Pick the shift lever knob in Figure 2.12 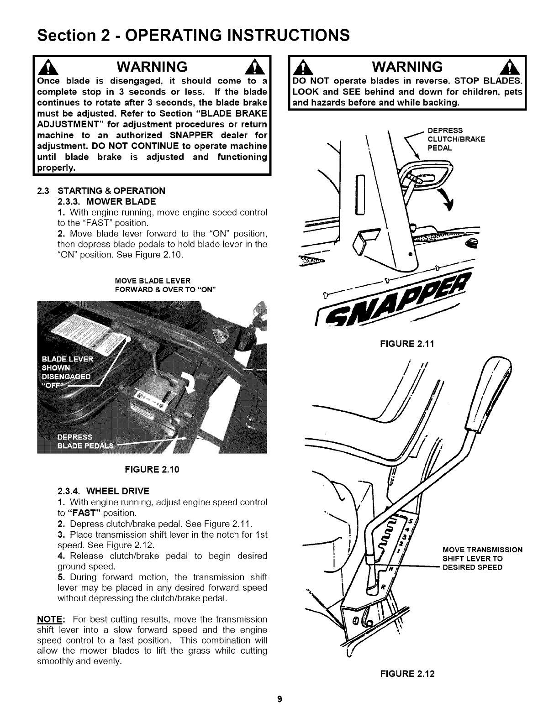[x=494, y=393]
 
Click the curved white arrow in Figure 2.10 [x=189, y=379]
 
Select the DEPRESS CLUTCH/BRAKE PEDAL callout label [x=456, y=140]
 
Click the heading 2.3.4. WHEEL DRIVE [x=103, y=491]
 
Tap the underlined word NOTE [x=49, y=619]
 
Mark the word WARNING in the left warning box [x=152, y=67]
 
